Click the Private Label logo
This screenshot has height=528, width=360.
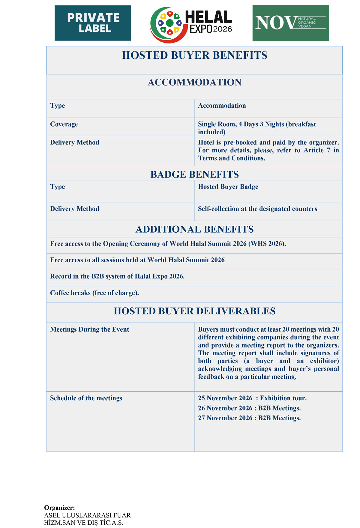pyautogui.click(x=93, y=23)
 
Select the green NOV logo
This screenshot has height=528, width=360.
pyautogui.click(x=290, y=23)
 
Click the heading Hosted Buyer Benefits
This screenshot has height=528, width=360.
pyautogui.click(x=194, y=55)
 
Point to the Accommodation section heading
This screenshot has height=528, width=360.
pyautogui.click(x=194, y=82)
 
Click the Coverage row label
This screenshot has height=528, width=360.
pyautogui.click(x=64, y=124)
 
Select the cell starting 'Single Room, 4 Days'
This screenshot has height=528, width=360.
pyautogui.click(x=257, y=128)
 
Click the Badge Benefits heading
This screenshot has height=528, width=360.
pyautogui.click(x=194, y=175)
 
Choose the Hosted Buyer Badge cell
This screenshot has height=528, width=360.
pyautogui.click(x=228, y=187)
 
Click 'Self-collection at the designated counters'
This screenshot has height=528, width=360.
pyautogui.click(x=257, y=209)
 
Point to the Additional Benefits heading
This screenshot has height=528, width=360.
pyautogui.click(x=194, y=229)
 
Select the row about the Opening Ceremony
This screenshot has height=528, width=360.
pyautogui.click(x=168, y=244)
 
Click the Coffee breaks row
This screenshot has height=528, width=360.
pyautogui.click(x=94, y=293)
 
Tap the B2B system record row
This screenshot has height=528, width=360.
pyautogui.click(x=117, y=276)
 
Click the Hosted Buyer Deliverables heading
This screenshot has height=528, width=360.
pyautogui.click(x=194, y=311)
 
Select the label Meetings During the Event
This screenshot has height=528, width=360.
pyautogui.click(x=89, y=330)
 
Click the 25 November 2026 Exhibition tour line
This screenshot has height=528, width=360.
pyautogui.click(x=252, y=398)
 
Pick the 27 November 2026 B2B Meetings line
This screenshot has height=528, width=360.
pyautogui.click(x=249, y=418)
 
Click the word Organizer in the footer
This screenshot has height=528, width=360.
pyautogui.click(x=59, y=508)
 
